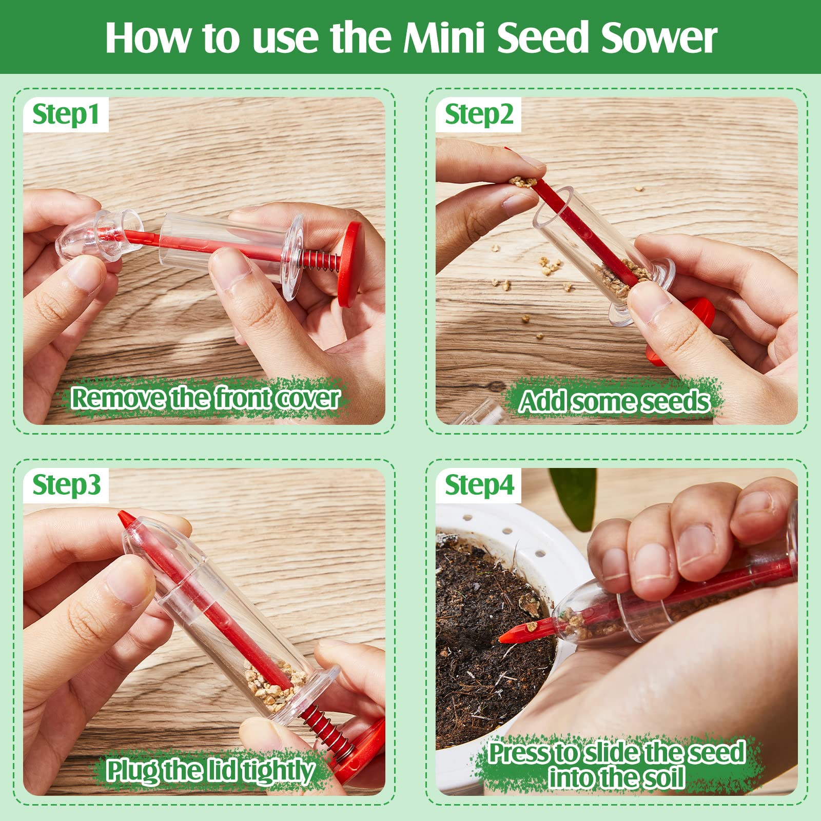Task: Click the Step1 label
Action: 65,114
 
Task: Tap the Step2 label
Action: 478,114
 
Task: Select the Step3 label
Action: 66,485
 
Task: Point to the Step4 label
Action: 479,485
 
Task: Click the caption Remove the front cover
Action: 205,398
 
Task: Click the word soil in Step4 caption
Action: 662,777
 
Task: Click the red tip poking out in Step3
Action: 124,519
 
